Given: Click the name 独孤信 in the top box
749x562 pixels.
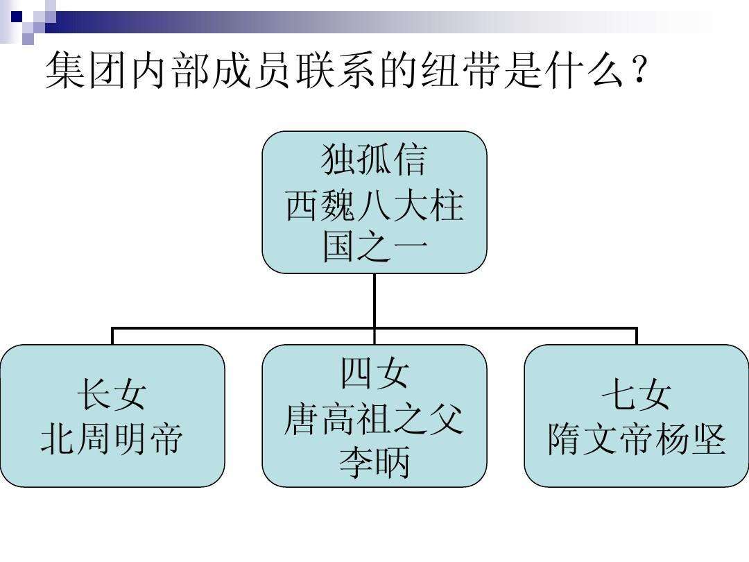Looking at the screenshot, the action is pos(374,160).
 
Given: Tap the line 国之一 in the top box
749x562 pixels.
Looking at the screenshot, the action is pos(374,247).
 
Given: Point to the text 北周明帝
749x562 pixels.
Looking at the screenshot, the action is pos(112,439).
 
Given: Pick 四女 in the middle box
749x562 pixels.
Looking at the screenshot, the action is pos(374,374).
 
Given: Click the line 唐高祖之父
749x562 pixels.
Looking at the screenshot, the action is pos(374,418).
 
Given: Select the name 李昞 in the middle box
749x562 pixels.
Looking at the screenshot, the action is pos(374,461).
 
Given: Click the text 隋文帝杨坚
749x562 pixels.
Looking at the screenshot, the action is pos(636,439).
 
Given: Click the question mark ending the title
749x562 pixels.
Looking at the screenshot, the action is pos(639,71).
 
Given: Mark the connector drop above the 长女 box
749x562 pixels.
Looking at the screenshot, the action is pos(112,336).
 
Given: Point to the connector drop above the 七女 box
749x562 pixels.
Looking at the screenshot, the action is pos(637,336).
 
